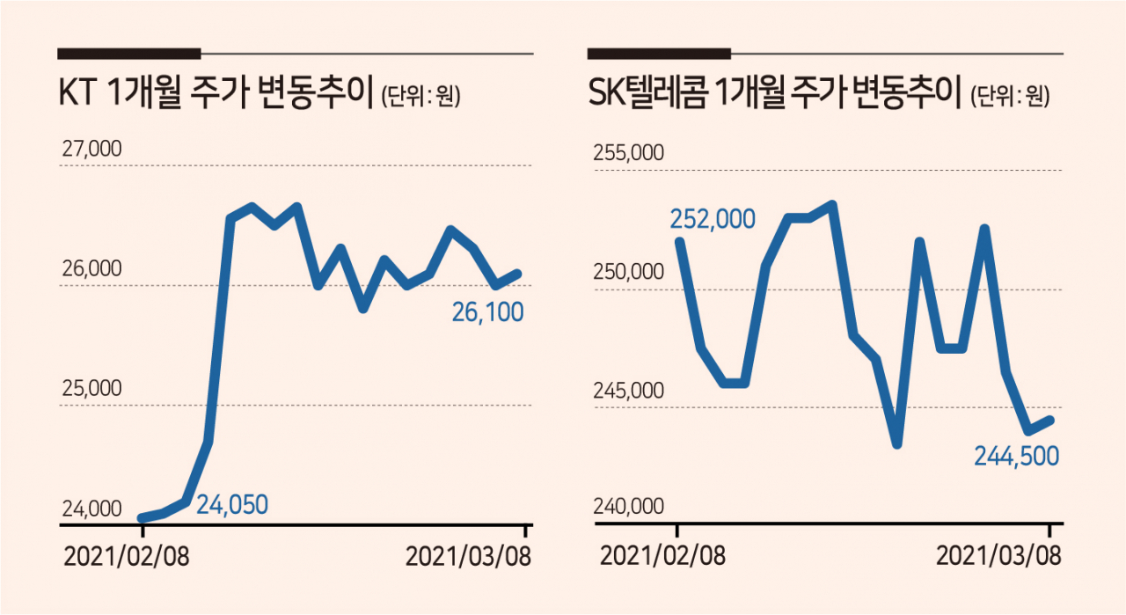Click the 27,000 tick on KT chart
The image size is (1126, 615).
tap(91, 149)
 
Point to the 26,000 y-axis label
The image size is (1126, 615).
tap(91, 268)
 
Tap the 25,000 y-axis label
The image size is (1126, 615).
tap(91, 388)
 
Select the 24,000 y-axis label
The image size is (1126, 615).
tap(91, 509)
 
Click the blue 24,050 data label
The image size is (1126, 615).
tap(232, 504)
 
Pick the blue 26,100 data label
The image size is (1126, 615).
tap(487, 312)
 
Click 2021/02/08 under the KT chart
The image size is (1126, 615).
tap(127, 557)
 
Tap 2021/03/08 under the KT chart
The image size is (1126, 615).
tap(469, 557)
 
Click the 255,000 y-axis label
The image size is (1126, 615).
tap(628, 152)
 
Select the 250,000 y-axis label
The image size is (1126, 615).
tap(628, 272)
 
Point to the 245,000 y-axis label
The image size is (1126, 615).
tap(628, 391)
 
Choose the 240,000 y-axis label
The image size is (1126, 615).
tap(628, 507)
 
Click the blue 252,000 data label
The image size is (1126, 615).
tap(713, 219)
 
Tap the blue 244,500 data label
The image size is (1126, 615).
tap(1016, 457)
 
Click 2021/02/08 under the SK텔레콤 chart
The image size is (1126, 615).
tap(663, 556)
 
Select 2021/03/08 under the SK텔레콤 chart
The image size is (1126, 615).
tap(998, 556)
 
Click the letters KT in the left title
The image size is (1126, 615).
tap(77, 93)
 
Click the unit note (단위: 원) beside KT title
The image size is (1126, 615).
tap(421, 96)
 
